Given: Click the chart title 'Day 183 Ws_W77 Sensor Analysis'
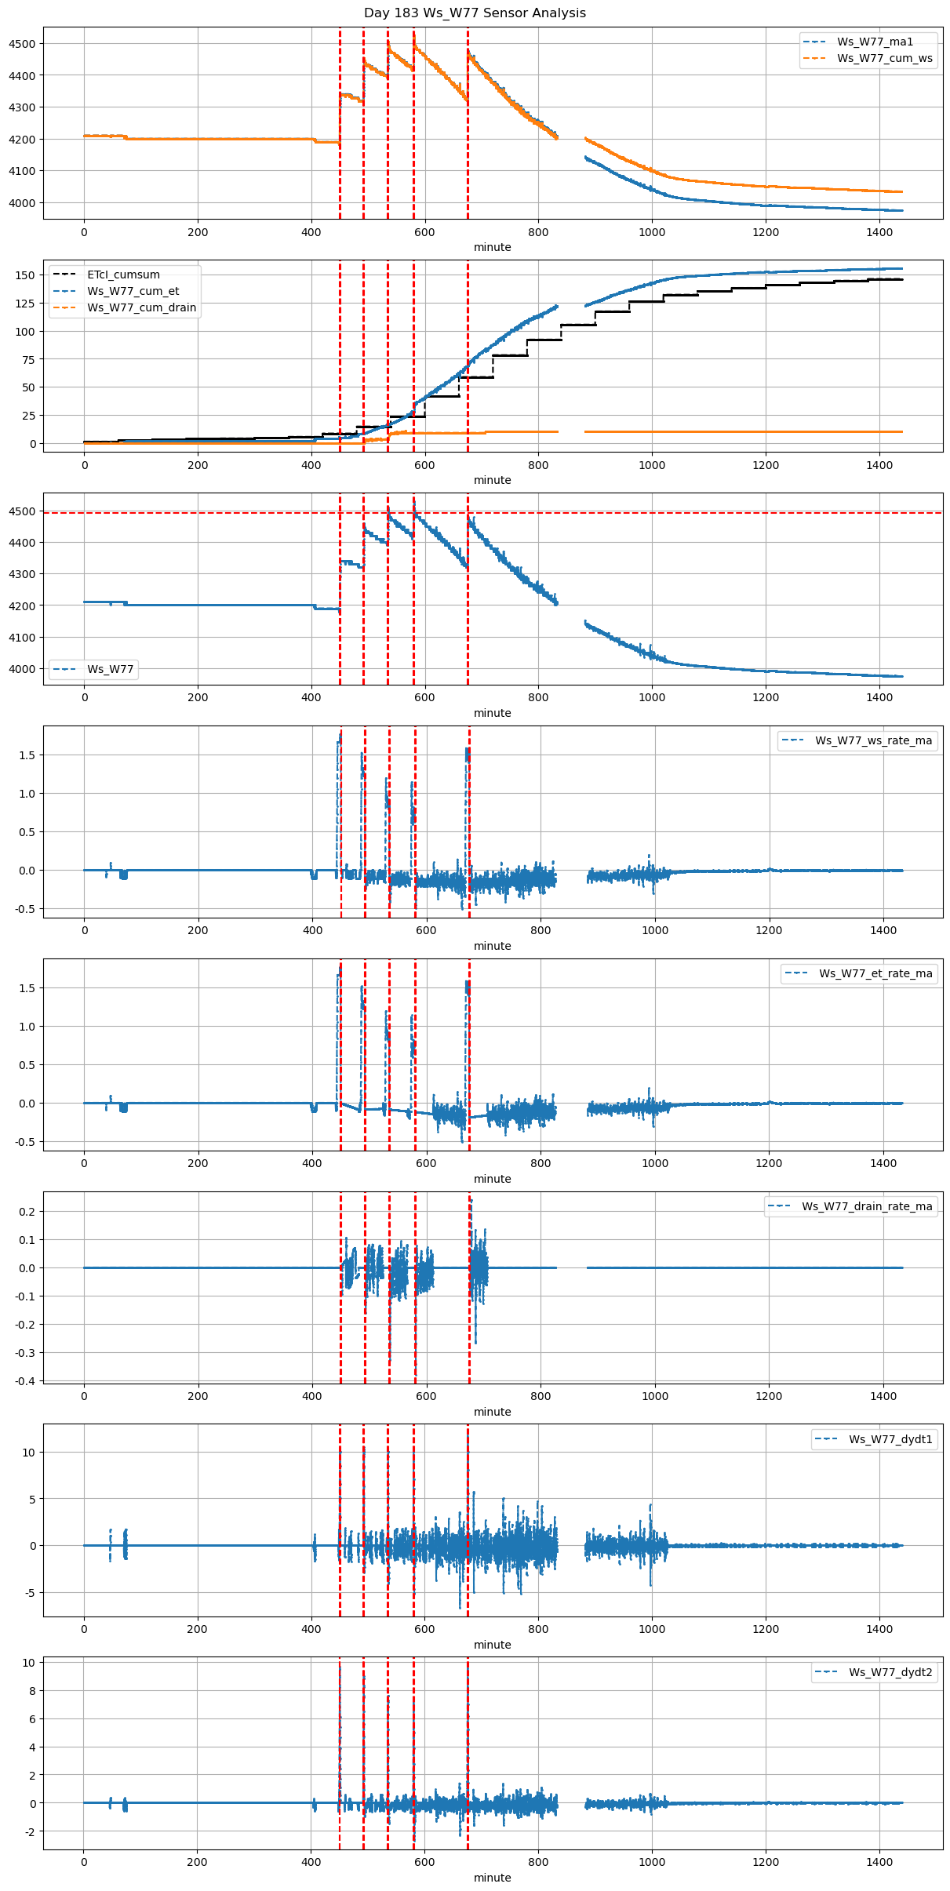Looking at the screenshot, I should [x=475, y=13].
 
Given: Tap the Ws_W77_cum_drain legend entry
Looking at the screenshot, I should [x=141, y=307].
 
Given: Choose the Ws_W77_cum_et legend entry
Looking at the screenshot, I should [x=133, y=291].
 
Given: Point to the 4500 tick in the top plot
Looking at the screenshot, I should [x=22, y=44].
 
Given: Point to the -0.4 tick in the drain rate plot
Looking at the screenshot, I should [x=24, y=1381].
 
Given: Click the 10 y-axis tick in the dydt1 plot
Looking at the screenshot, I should [x=28, y=1453].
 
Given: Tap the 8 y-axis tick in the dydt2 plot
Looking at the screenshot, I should [x=31, y=1691].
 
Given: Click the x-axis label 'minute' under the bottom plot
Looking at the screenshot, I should [x=492, y=1878].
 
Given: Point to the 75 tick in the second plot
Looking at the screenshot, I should [x=28, y=359].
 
